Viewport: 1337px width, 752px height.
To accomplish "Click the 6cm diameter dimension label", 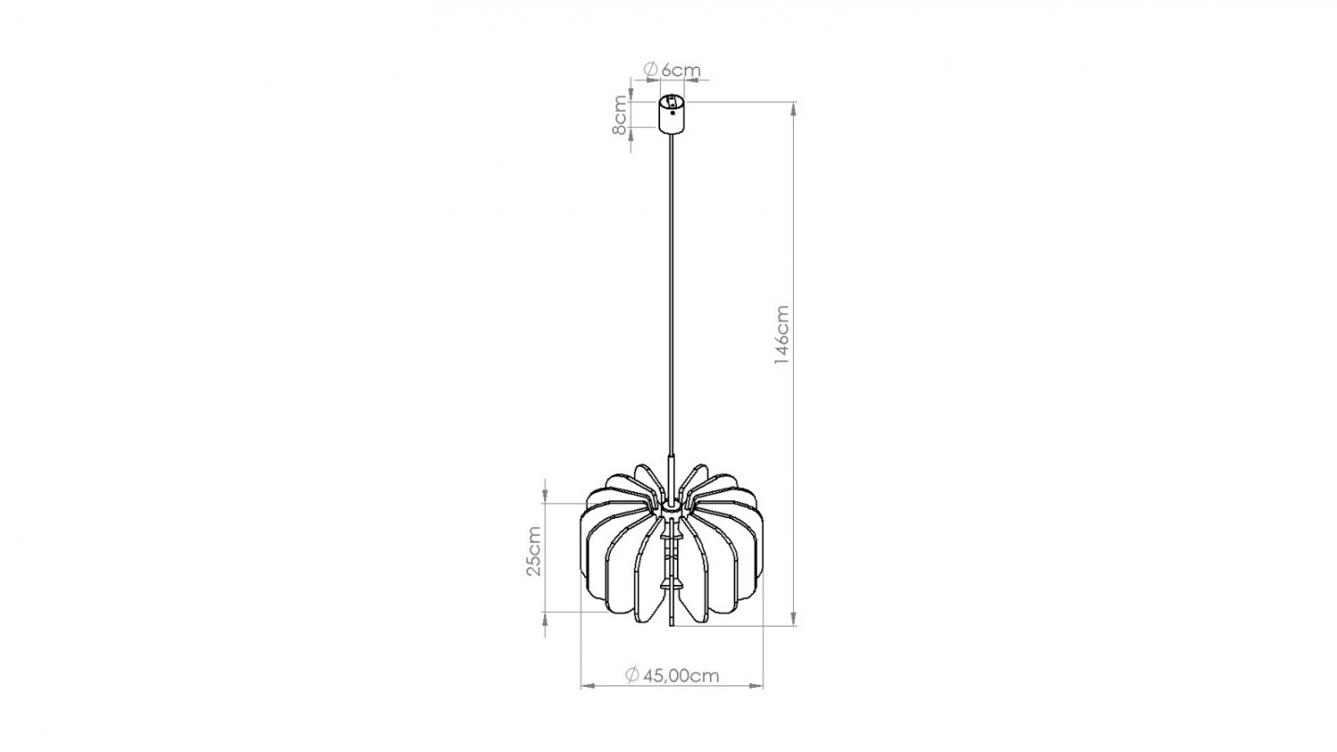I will click(x=671, y=70).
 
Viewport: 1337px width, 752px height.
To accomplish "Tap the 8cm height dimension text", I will click(x=620, y=115).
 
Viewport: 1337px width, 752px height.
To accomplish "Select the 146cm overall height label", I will click(x=782, y=335).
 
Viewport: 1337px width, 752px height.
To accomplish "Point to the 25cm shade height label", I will click(x=533, y=551).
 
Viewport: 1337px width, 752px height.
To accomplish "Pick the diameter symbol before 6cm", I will click(x=651, y=70).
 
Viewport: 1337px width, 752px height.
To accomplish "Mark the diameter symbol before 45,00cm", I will click(x=632, y=675).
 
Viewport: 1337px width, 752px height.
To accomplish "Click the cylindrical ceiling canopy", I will click(x=671, y=114).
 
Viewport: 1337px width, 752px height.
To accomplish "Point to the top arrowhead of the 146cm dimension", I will click(x=793, y=110).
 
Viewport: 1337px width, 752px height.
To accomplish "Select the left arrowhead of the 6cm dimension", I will click(x=641, y=81).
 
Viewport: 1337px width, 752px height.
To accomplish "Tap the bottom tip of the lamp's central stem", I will click(x=670, y=626).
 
